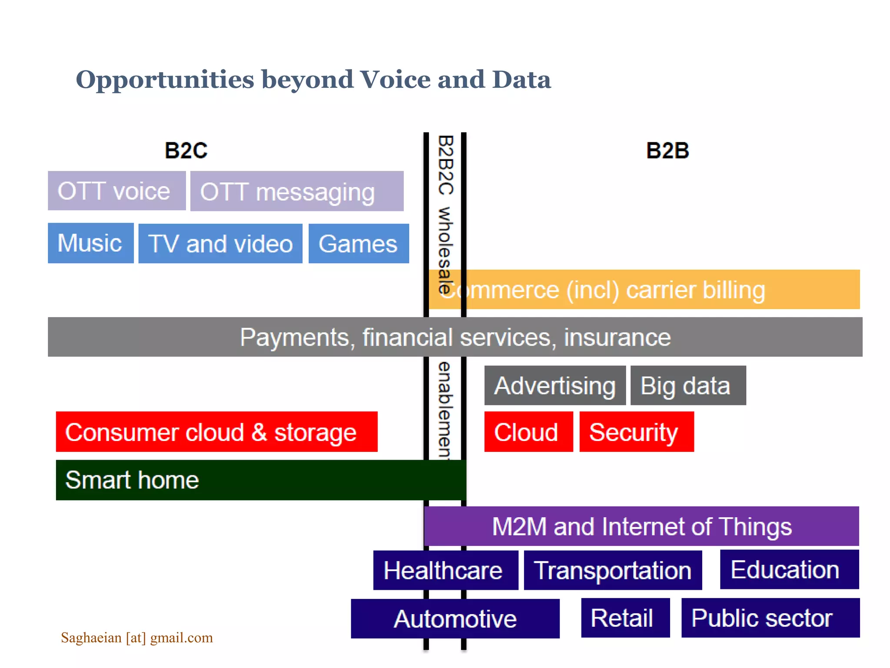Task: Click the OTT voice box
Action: pos(116,191)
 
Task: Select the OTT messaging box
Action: pos(296,191)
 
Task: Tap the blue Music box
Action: pos(90,243)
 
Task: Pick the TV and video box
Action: pos(220,244)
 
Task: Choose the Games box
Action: pos(358,244)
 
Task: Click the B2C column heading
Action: pos(186,151)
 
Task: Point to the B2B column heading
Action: pos(667,151)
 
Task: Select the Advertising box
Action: pos(555,386)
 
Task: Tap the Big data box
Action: pos(687,386)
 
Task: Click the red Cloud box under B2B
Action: pos(528,432)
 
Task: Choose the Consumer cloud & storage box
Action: pos(216,432)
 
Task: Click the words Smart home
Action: pos(132,480)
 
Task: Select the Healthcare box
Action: pos(445,570)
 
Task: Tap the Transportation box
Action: pos(612,570)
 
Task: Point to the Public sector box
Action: pos(770,618)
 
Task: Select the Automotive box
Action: pos(455,619)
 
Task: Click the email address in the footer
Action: pos(137,638)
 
